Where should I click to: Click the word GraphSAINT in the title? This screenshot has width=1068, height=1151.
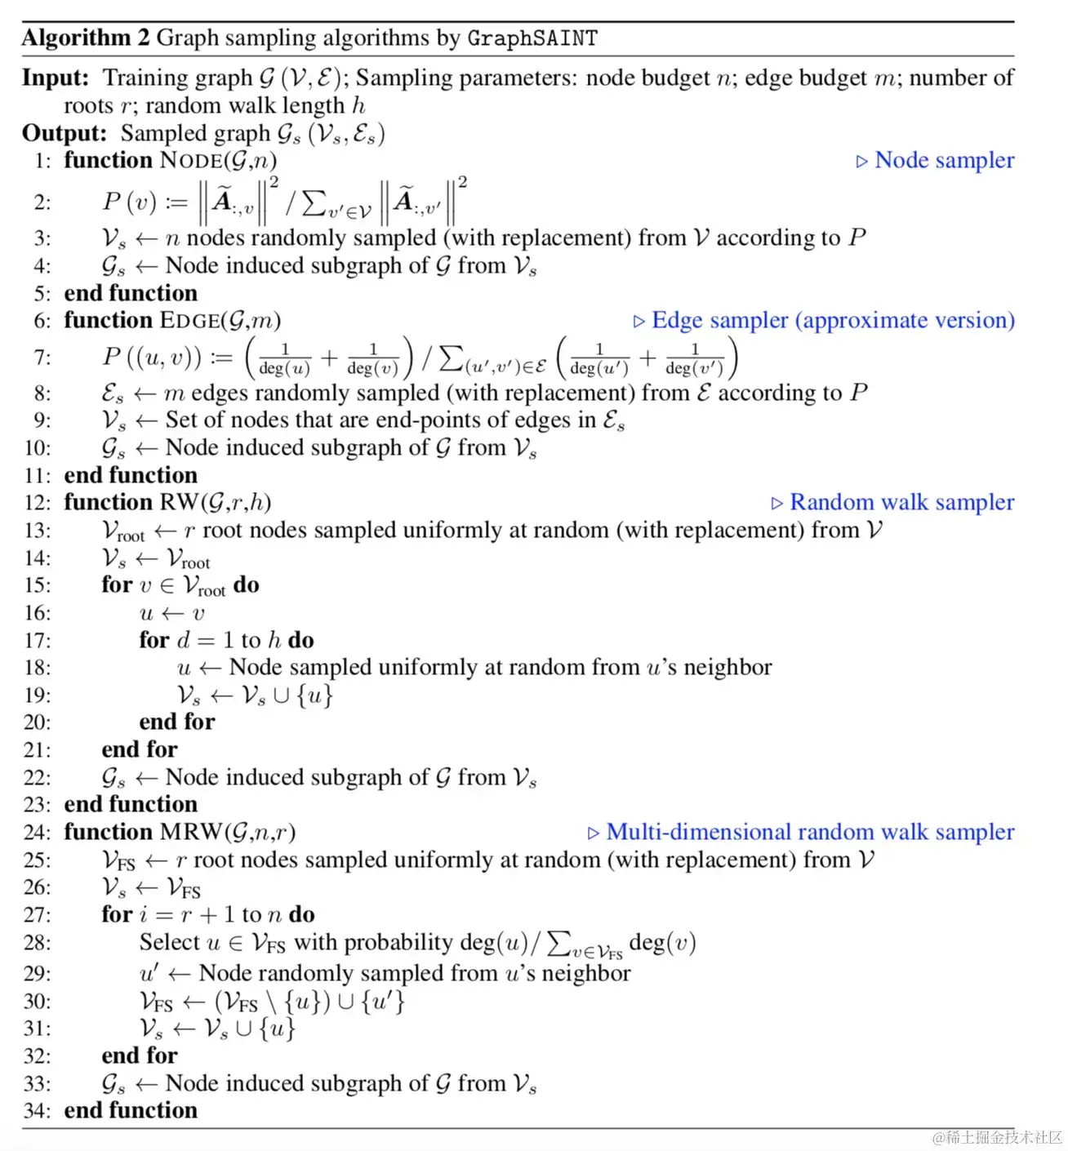532,38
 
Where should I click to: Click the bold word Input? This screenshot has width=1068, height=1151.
56,78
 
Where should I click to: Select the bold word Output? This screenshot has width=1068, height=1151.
65,133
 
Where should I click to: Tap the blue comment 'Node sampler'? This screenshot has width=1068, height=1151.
944,160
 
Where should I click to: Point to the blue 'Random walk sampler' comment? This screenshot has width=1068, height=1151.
901,502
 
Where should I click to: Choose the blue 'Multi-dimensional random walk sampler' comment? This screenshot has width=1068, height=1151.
810,832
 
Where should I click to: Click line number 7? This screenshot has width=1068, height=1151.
42,358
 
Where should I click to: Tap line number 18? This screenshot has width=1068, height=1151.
38,668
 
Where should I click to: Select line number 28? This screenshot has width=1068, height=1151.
38,943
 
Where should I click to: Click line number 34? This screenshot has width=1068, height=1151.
38,1111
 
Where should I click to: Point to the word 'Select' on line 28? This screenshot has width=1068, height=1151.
170,942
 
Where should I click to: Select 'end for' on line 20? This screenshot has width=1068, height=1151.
177,722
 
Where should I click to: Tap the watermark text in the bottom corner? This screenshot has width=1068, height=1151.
997,1137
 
